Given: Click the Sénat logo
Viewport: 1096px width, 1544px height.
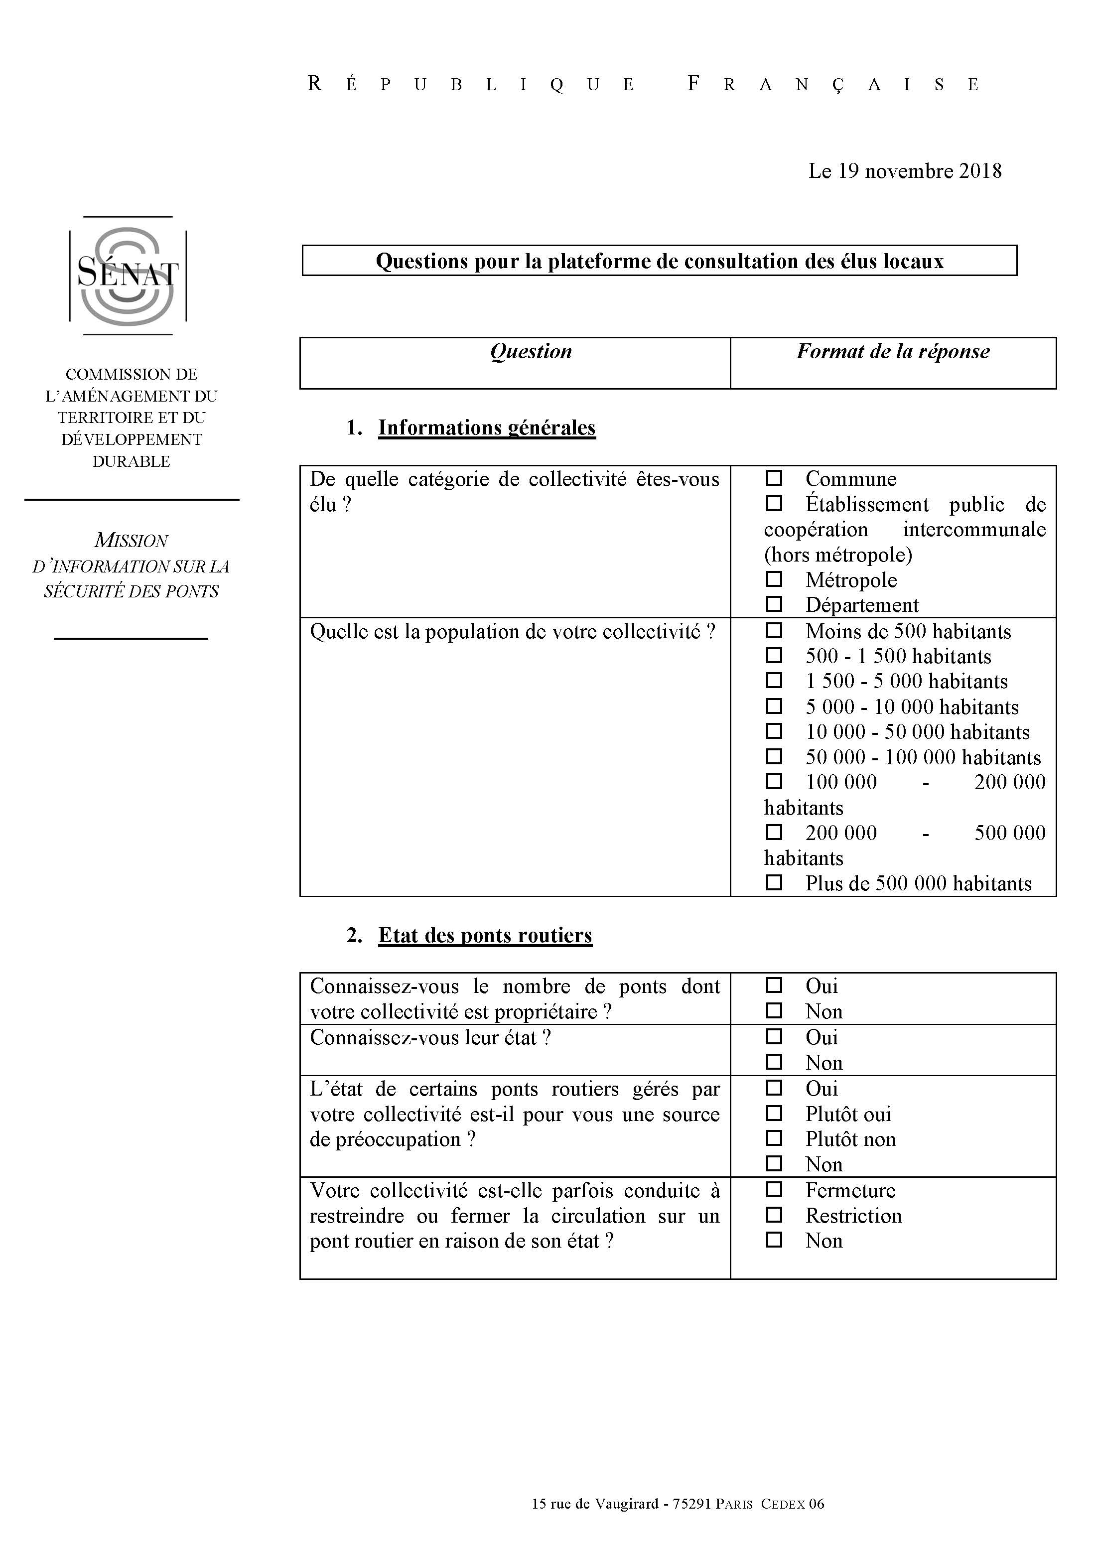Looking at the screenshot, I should (128, 276).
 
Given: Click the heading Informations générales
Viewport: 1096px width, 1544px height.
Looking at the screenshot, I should (487, 428).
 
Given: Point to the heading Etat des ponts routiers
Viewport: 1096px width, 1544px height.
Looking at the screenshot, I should (485, 935).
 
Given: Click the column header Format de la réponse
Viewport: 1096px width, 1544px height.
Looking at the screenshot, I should (892, 352).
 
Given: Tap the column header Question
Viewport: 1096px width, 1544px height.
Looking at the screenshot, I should (531, 352).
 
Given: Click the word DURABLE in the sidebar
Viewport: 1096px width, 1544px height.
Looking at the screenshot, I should (131, 461).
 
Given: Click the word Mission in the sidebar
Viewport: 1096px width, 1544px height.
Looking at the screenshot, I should (131, 541).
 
